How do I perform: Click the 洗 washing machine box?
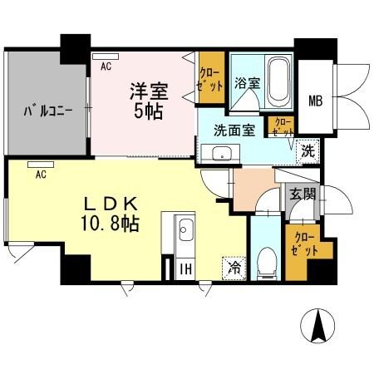coord(308,152)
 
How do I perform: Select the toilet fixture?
coord(265,263)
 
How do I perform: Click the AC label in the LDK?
coord(41,174)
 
